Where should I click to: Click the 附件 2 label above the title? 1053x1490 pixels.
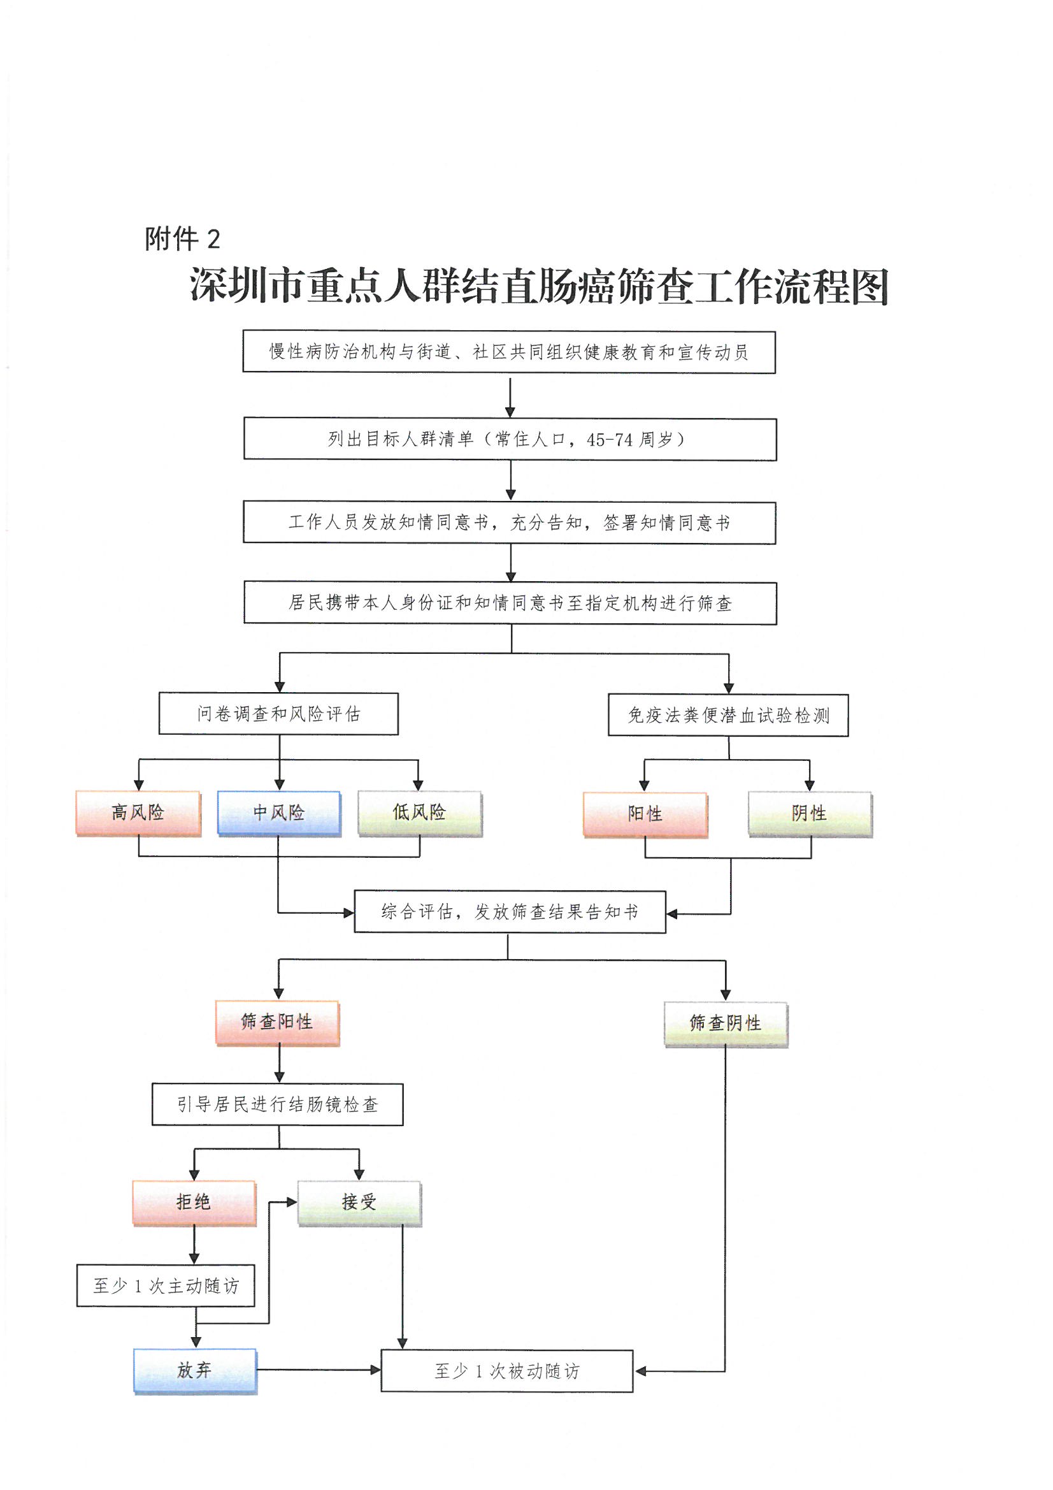[182, 239]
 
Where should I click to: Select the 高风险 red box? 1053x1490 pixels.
[138, 813]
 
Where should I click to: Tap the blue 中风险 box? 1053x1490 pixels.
[279, 813]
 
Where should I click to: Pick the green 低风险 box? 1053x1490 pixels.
[420, 813]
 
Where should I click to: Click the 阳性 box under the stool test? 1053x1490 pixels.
[645, 814]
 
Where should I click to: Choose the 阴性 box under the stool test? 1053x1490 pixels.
[810, 814]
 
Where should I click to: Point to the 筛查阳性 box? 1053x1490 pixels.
[277, 1022]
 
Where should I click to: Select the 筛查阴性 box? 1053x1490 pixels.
[726, 1023]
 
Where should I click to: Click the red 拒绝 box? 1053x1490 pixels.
[194, 1202]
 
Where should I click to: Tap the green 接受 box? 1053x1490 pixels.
[359, 1202]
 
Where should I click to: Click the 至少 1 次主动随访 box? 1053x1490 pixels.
[166, 1285]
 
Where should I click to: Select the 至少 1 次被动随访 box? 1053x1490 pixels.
[506, 1371]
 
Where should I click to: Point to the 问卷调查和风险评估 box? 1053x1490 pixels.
[278, 714]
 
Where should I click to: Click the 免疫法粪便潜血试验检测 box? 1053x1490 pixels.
[728, 715]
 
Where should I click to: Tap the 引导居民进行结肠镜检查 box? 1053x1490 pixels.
[278, 1104]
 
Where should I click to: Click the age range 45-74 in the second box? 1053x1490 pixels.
[608, 440]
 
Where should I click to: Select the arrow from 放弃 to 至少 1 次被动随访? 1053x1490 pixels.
[318, 1370]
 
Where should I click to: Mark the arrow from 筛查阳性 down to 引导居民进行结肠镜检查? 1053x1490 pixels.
[280, 1064]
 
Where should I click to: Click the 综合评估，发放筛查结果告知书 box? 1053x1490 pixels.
[510, 912]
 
